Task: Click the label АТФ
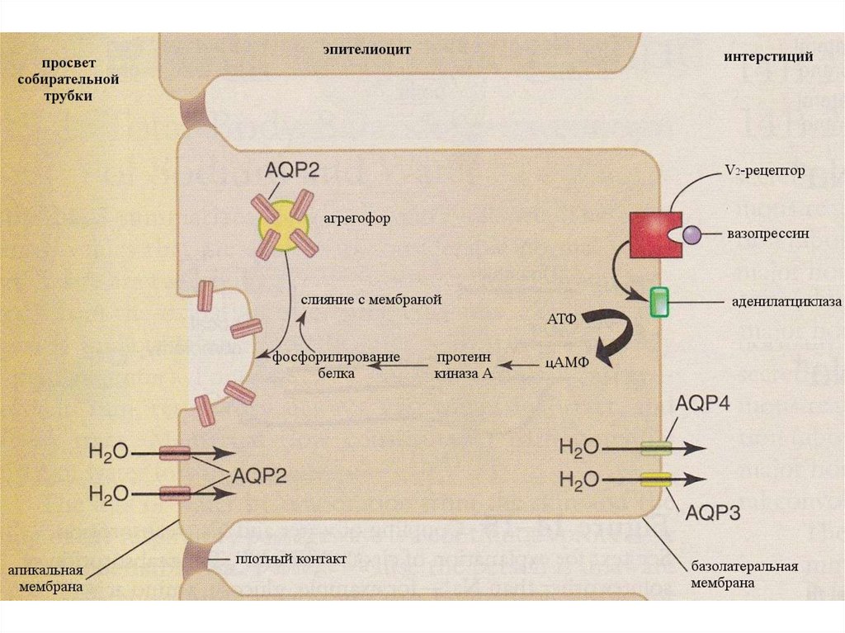pos(561,319)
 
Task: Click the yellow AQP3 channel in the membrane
pos(657,479)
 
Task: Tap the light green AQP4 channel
pos(657,448)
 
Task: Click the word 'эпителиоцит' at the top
pos(366,50)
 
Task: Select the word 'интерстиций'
pos(768,57)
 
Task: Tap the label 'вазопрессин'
pos(767,234)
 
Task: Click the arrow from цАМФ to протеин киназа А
pos(520,364)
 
